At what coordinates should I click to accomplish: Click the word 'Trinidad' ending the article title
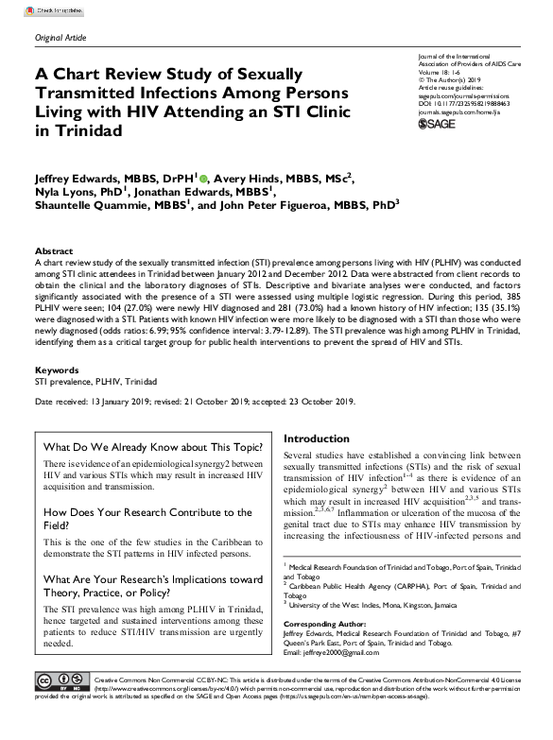coord(92,131)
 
